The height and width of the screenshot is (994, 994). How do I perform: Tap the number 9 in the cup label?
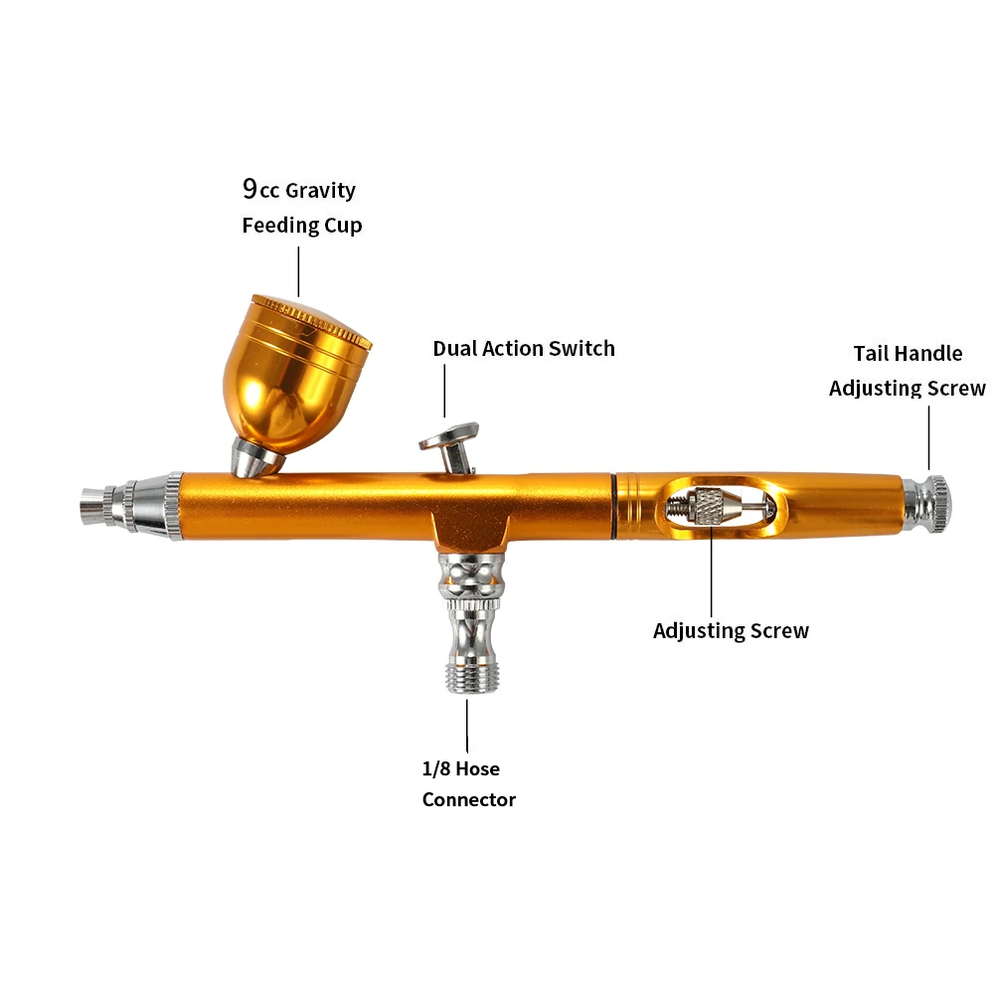[x=250, y=189]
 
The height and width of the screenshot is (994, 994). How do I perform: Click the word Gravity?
[x=320, y=190]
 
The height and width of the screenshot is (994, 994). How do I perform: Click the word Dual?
[x=455, y=349]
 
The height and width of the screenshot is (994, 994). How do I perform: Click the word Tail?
[x=873, y=354]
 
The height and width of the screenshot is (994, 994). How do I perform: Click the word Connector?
[x=469, y=799]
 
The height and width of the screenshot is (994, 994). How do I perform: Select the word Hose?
[x=478, y=768]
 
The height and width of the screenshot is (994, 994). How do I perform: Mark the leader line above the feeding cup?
[x=298, y=269]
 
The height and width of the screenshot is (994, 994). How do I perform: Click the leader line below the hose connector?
[x=467, y=726]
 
